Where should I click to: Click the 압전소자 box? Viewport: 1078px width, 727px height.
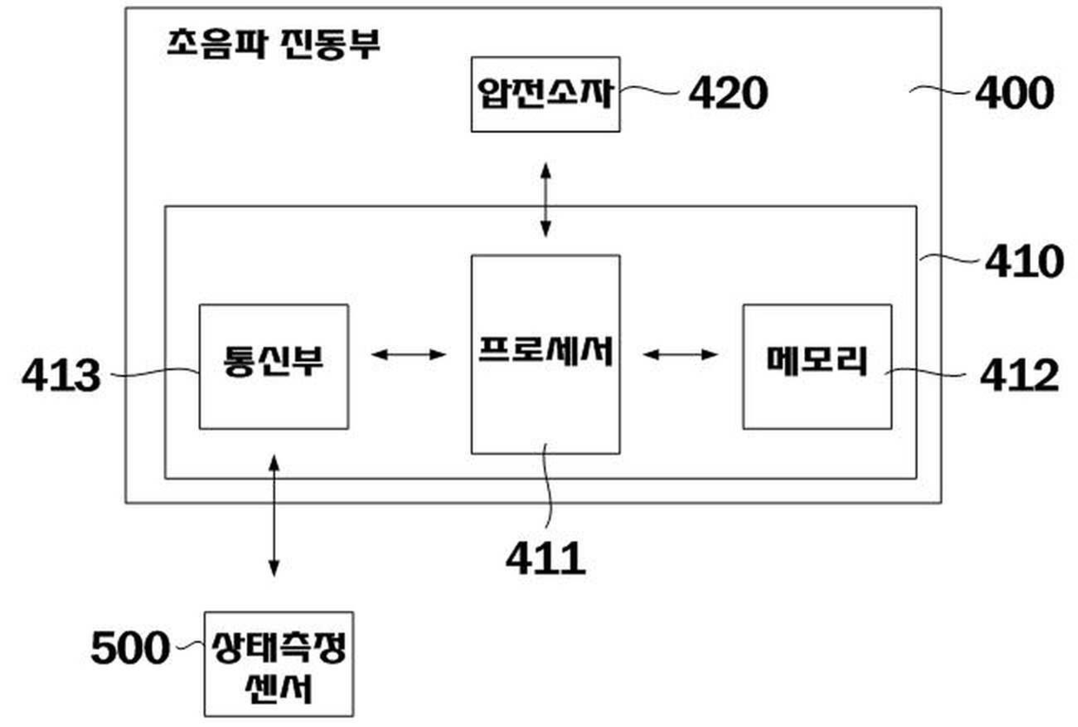545,94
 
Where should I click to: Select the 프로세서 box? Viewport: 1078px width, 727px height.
545,353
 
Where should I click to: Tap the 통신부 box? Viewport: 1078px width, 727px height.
273,365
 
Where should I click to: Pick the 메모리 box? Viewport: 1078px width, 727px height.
816,365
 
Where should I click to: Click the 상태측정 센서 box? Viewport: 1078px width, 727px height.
279,663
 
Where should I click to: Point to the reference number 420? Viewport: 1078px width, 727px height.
729,93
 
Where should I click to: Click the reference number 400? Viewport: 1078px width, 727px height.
1013,93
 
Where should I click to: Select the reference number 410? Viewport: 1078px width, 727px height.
1022,261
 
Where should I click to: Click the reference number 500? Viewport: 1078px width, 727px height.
130,648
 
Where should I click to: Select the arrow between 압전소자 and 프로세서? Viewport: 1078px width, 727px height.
545,199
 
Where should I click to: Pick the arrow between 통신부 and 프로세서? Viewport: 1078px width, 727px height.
408,354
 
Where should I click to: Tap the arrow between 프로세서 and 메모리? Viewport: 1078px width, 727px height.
681,354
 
